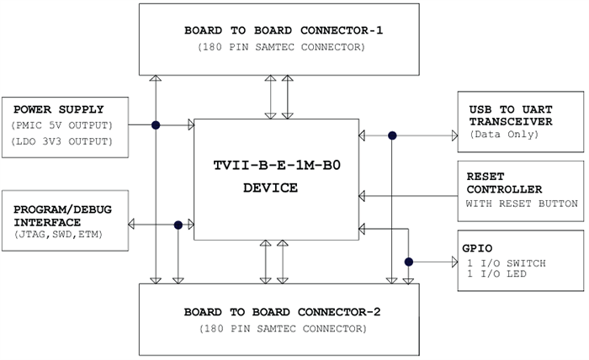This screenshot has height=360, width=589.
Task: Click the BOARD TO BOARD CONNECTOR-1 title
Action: [x=283, y=30]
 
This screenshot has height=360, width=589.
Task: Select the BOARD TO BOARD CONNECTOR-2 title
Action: [x=283, y=312]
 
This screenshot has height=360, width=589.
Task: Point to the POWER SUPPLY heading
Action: [x=59, y=109]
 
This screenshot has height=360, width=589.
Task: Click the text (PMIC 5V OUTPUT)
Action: [x=62, y=125]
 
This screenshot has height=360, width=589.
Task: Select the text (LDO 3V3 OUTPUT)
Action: [x=62, y=140]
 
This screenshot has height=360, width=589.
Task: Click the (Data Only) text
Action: [x=501, y=134]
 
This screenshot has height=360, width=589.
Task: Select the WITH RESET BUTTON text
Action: [x=521, y=204]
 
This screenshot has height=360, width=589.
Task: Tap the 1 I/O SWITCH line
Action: [x=506, y=263]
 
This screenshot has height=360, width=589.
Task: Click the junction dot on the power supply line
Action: [x=156, y=125]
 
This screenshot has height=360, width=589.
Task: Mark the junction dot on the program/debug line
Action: [x=178, y=225]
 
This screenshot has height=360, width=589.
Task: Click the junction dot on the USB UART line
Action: [x=392, y=135]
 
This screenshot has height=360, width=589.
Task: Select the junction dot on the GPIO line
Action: [x=409, y=262]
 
